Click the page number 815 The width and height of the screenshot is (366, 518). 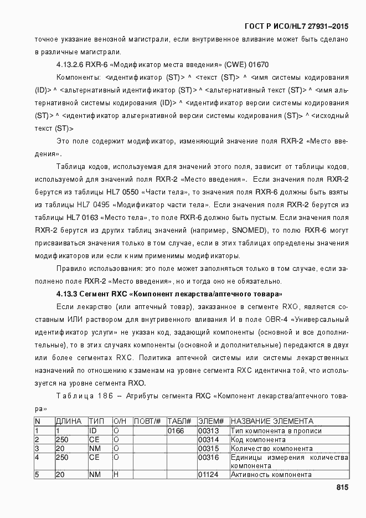[x=341, y=487]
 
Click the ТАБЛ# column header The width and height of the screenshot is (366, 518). [x=179, y=422]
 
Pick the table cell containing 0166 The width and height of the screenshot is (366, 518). [x=176, y=431]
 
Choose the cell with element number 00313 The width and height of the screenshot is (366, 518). [x=208, y=431]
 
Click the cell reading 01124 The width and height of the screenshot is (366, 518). [x=208, y=475]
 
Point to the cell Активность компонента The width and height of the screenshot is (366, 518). [x=271, y=475]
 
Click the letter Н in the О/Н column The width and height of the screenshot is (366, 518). [x=116, y=475]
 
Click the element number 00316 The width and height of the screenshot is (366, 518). [x=208, y=457]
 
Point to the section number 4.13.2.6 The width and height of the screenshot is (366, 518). [x=72, y=64]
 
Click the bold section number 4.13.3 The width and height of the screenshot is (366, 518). [x=69, y=294]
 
